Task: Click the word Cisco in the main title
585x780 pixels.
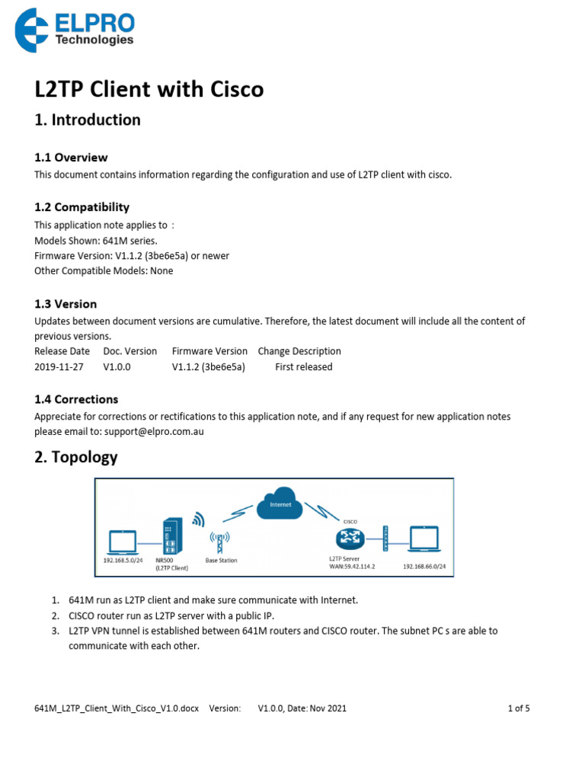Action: (x=229, y=90)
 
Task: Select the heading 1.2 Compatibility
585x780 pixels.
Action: (x=82, y=207)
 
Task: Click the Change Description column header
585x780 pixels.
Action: (x=299, y=351)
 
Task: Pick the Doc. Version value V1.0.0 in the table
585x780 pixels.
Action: (x=117, y=366)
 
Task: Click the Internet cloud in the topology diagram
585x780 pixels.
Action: (x=280, y=504)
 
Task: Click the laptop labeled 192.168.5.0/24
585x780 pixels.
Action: (x=123, y=542)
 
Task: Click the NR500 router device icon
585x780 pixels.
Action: (x=171, y=536)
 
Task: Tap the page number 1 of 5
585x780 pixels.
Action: (x=519, y=708)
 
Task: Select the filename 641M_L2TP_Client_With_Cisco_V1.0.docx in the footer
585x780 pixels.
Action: (x=117, y=708)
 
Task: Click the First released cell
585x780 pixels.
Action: (x=304, y=366)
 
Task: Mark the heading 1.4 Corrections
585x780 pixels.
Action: (x=76, y=399)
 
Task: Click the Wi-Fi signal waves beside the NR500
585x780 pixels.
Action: (x=197, y=520)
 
